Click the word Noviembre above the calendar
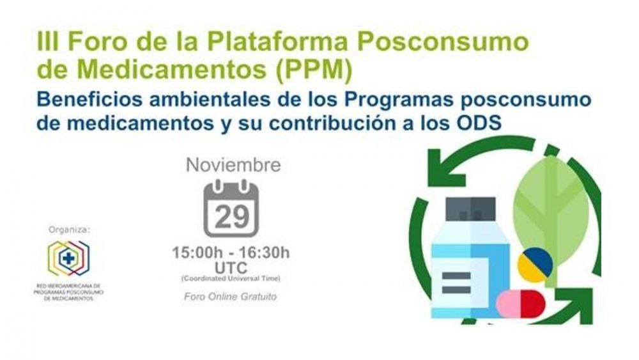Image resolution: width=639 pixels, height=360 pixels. tap(233, 165)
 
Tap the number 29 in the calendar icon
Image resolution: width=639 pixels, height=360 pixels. tap(231, 217)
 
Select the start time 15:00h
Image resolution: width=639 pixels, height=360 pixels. tap(197, 253)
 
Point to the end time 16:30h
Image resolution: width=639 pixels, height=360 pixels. tap(264, 253)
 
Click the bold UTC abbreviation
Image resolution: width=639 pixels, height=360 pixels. tap(231, 268)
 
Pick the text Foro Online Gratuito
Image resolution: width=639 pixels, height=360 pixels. tap(230, 297)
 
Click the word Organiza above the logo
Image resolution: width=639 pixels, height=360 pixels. tap(69, 230)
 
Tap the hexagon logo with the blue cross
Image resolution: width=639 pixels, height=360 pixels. tap(68, 258)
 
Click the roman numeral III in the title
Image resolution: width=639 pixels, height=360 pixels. tap(48, 42)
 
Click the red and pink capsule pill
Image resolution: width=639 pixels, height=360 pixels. tap(521, 303)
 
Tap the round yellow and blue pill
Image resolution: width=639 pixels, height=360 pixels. tap(535, 265)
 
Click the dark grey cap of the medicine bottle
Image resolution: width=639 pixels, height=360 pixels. tap(471, 209)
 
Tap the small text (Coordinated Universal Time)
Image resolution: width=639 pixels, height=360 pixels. tap(231, 279)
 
